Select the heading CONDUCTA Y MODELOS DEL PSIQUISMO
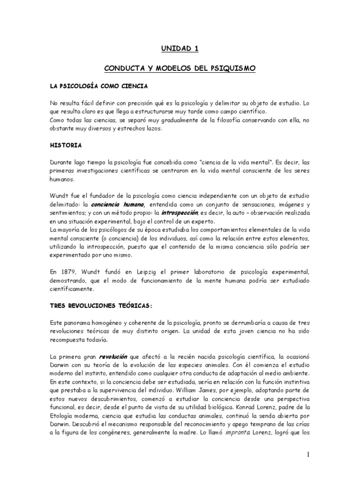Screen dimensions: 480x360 (180, 68)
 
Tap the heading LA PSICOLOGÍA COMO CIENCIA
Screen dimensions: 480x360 (99, 86)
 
